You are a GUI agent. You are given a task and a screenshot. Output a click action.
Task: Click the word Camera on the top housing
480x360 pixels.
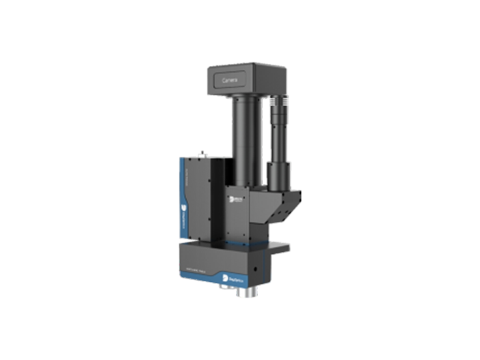coord(230,79)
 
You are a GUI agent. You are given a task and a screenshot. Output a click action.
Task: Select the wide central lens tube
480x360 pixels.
coord(244,140)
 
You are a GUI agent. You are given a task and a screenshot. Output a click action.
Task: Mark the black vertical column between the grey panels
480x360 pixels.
coord(218,200)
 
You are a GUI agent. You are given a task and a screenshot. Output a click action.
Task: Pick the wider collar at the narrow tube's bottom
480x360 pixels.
coord(279,175)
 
